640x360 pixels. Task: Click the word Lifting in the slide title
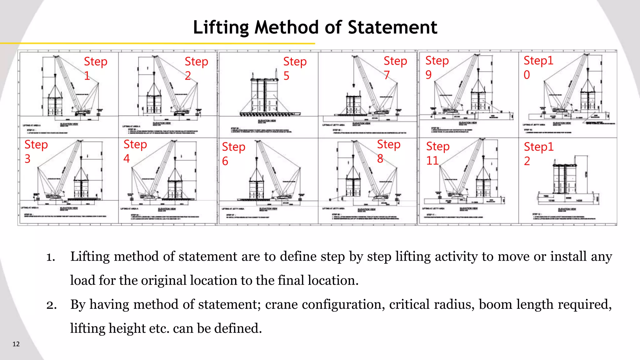220,27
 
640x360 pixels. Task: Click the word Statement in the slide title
392,27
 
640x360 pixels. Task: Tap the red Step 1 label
95,68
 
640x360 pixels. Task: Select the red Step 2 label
196,68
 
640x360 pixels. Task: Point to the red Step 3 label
36,151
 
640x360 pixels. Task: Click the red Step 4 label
135,151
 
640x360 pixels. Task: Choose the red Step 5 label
295,68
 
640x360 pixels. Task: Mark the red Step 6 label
233,153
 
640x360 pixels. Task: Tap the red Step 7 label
395,67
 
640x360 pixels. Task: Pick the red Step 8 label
388,151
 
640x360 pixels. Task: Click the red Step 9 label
437,67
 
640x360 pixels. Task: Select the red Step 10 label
538,67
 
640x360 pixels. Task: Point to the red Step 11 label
437,153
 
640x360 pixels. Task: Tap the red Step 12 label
538,153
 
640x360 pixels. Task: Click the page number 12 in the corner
16,344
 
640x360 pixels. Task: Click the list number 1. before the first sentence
51,257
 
